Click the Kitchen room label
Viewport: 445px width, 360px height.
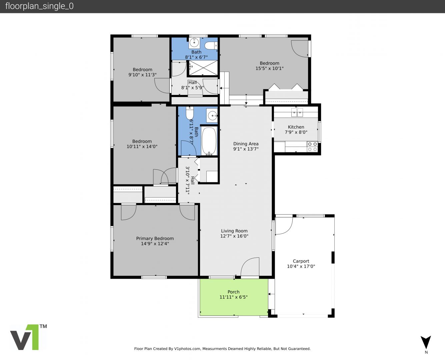coord(296,127)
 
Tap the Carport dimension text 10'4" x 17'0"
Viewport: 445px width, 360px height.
coord(301,266)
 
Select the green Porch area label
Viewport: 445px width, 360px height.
coord(233,292)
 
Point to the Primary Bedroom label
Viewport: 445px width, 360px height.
coord(155,238)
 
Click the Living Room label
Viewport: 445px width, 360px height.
coord(234,231)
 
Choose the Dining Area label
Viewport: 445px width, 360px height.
coord(246,144)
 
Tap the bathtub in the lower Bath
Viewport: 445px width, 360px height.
coord(209,141)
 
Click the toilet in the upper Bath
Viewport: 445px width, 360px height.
coord(211,46)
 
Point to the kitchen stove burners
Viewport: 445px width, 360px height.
coord(312,146)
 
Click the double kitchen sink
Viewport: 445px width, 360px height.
coord(297,113)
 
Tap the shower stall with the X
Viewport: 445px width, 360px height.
coord(203,68)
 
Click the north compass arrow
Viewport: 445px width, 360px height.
coord(426,343)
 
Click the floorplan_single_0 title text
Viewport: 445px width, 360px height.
coord(39,6)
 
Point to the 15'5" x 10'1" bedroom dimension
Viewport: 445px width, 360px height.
coord(270,68)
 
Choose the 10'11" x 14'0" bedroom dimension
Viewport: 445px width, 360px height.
coord(142,146)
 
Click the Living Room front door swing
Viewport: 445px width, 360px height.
coord(250,267)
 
